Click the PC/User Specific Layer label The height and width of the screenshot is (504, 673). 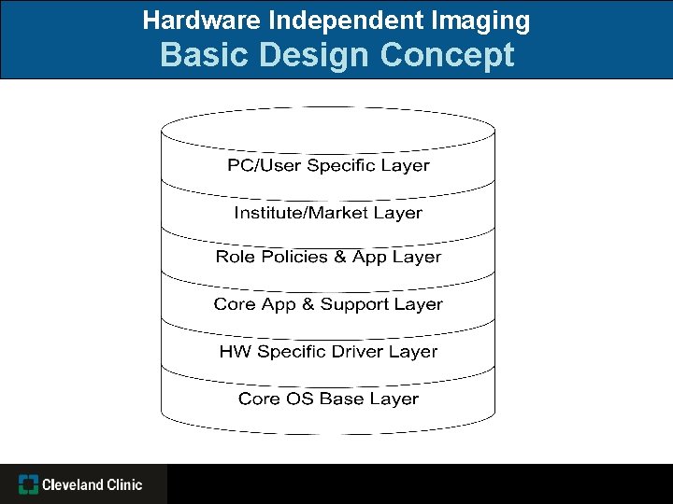[x=328, y=166]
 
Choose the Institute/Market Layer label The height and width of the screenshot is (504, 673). [x=328, y=213]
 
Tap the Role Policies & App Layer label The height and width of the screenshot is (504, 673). [x=328, y=257]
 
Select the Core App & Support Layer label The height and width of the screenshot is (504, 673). [x=328, y=304]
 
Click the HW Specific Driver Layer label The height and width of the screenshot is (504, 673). [x=328, y=352]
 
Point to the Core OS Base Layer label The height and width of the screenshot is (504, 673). [x=328, y=399]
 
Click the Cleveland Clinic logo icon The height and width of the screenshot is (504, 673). [x=29, y=484]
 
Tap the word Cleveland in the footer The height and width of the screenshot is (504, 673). [x=73, y=484]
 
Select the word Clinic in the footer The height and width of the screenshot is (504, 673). [x=124, y=484]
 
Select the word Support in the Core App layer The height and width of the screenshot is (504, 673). [x=356, y=304]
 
